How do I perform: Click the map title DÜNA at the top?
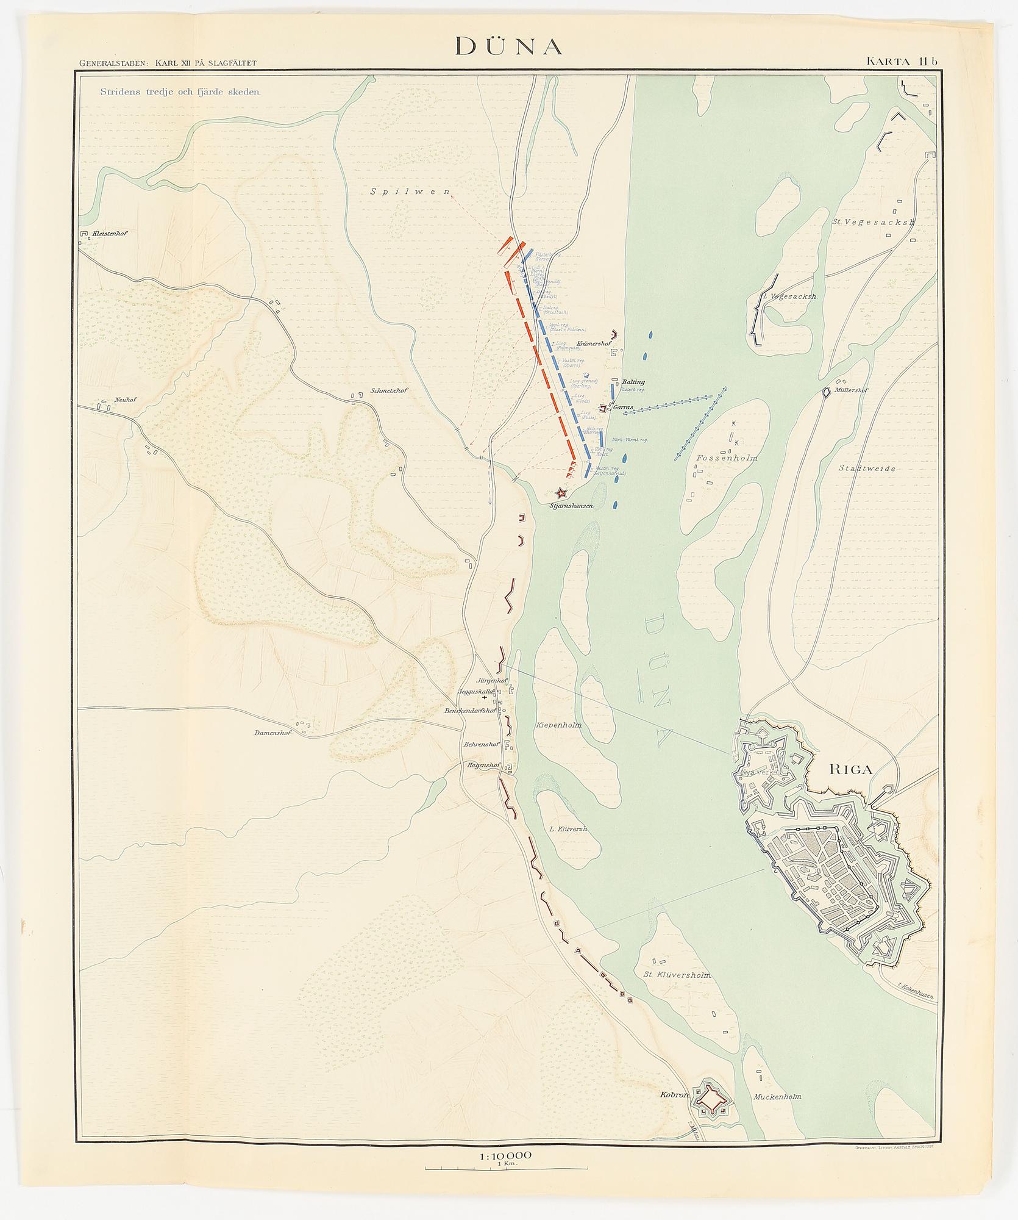508,46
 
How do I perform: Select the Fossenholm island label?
726,457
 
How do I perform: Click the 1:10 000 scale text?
506,1155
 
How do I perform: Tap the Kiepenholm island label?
558,726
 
